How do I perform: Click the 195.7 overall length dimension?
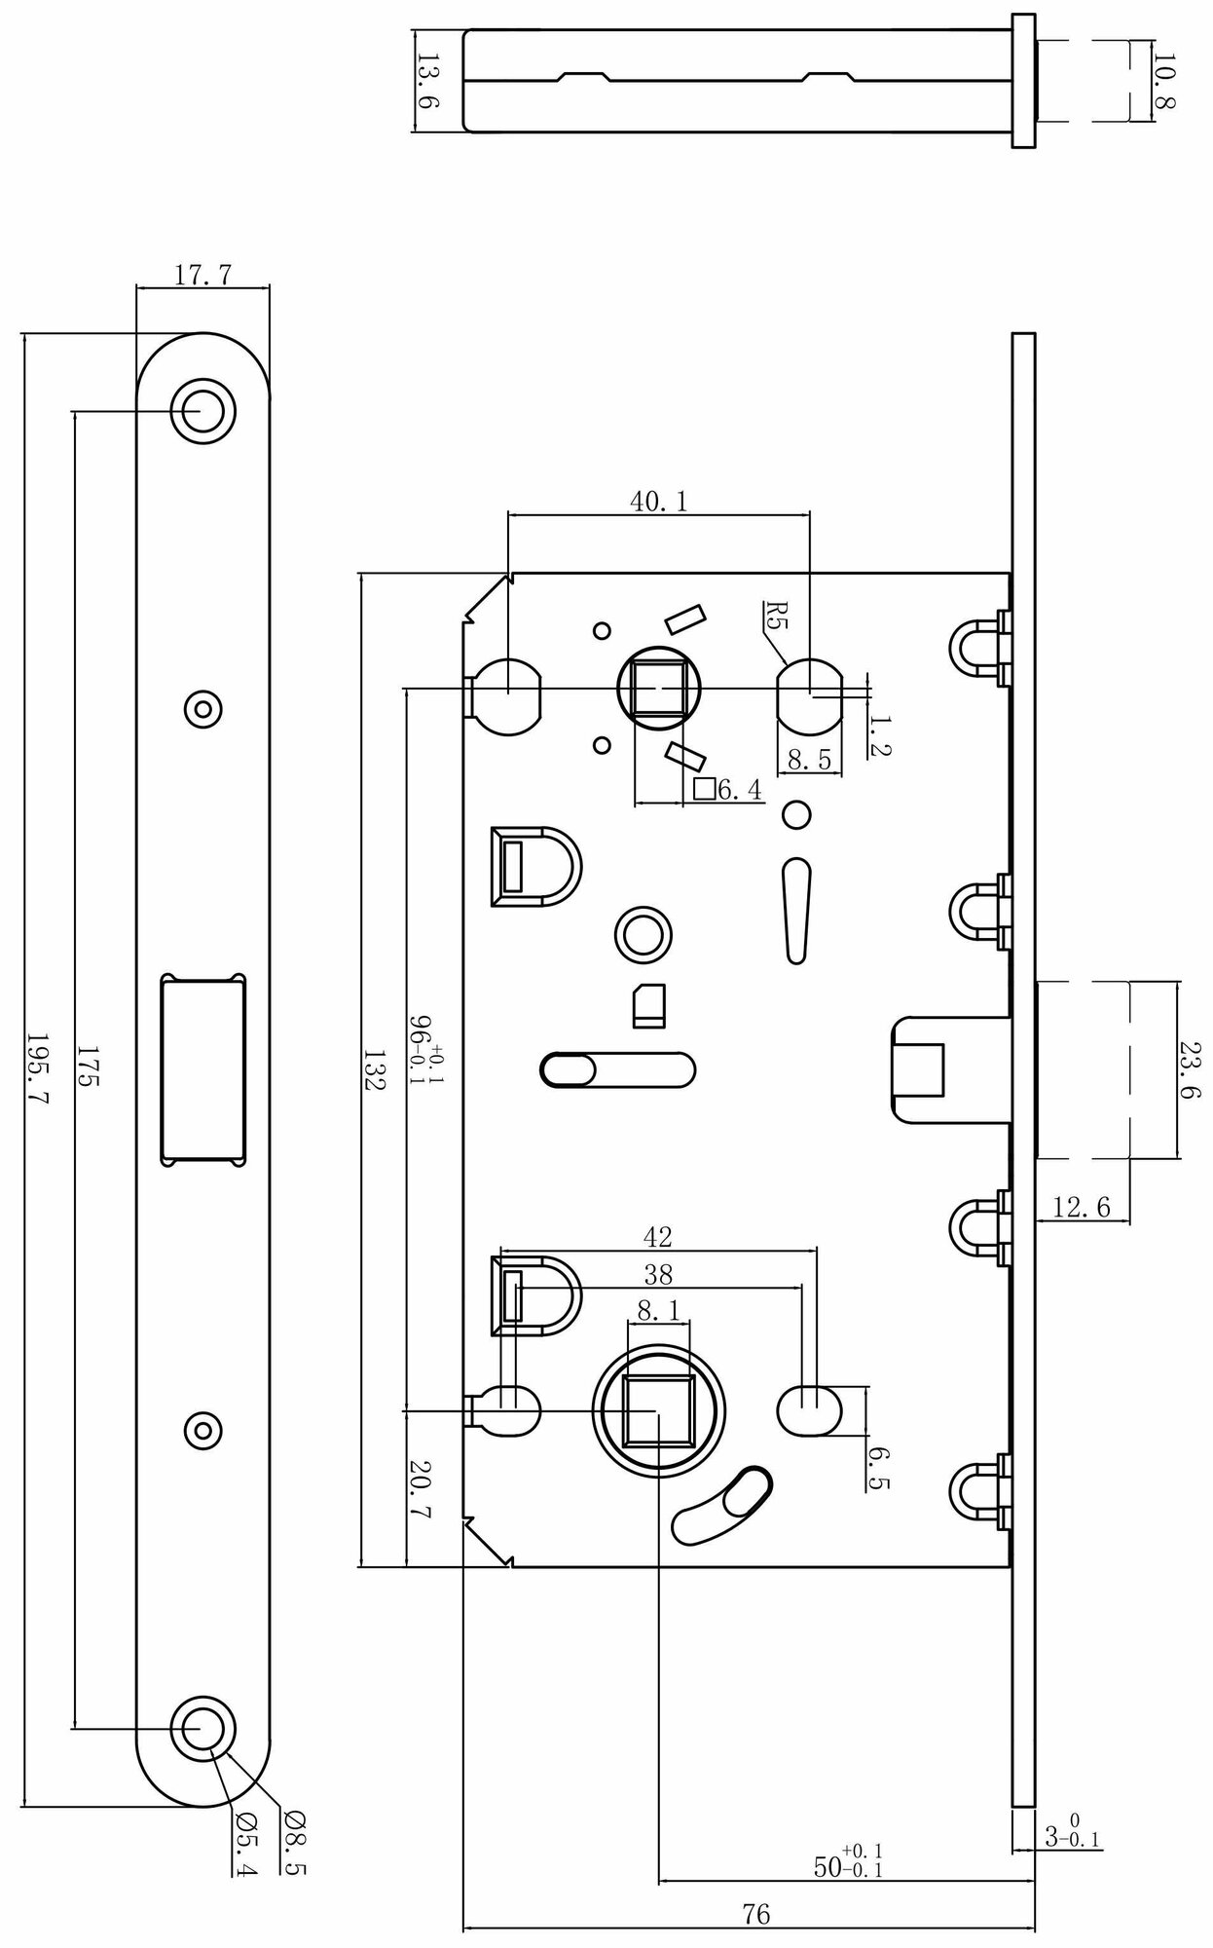pyautogui.click(x=40, y=1068)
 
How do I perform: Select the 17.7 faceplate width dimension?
pyautogui.click(x=202, y=276)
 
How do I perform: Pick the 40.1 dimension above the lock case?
pyautogui.click(x=658, y=502)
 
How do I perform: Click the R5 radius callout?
pyautogui.click(x=775, y=617)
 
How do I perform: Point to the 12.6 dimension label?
pyautogui.click(x=1082, y=1208)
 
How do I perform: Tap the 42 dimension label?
pyautogui.click(x=658, y=1237)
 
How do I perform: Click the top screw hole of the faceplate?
pyautogui.click(x=203, y=410)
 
